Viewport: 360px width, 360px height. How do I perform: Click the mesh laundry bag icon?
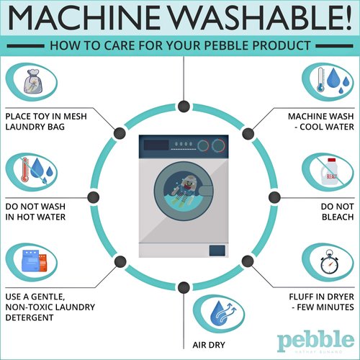[33, 81]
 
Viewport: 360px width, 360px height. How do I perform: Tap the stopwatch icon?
[329, 262]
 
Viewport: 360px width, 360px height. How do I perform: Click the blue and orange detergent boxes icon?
[34, 261]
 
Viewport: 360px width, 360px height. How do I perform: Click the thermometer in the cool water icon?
[320, 80]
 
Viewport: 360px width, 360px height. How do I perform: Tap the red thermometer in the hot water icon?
[24, 170]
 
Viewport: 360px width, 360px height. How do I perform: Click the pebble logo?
[315, 341]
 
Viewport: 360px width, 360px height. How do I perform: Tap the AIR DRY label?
[209, 345]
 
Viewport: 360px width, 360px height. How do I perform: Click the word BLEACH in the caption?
[338, 217]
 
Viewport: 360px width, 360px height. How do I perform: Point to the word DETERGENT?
[30, 318]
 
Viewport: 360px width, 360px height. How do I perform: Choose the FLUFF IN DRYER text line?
[321, 297]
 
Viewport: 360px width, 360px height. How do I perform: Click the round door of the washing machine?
[184, 191]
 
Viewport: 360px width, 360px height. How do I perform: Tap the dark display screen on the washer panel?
[156, 145]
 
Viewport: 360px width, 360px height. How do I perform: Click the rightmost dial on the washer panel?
[218, 145]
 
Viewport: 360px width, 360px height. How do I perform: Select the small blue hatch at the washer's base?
[217, 251]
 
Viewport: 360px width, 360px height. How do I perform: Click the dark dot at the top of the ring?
[184, 107]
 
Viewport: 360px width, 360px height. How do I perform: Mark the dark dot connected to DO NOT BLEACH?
[274, 197]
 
